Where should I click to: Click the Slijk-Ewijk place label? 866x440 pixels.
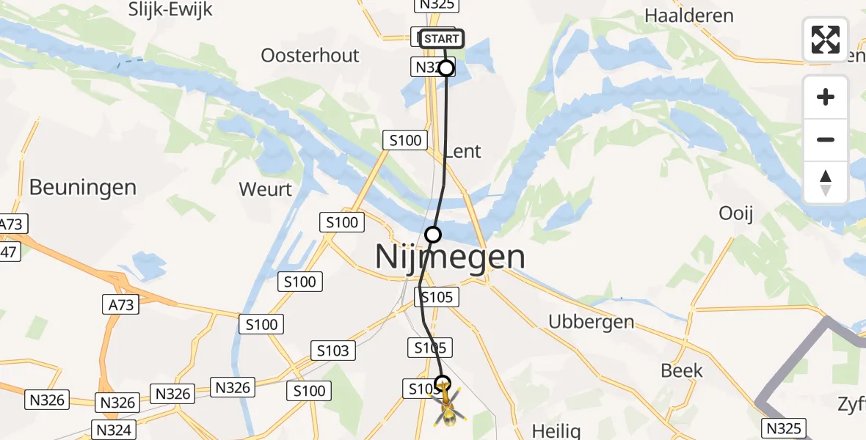(170, 10)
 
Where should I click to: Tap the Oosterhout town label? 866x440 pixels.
(310, 56)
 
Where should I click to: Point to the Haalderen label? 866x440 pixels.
(688, 15)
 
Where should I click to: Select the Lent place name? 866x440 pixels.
(463, 152)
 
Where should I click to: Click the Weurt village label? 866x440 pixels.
(265, 189)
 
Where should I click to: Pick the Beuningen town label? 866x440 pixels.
(83, 187)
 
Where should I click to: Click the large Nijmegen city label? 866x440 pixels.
(450, 257)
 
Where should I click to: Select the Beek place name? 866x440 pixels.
(682, 370)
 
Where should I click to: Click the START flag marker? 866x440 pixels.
(442, 38)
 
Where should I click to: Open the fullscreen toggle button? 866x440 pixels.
(826, 40)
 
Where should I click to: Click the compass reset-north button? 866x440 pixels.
(826, 183)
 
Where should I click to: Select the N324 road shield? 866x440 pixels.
(113, 429)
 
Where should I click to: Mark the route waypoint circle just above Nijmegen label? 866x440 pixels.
(433, 235)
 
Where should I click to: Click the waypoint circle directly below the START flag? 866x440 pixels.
(446, 68)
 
